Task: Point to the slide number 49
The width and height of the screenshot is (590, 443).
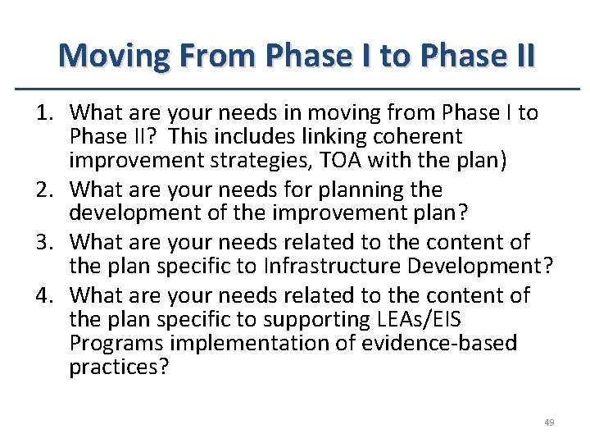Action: click(549, 422)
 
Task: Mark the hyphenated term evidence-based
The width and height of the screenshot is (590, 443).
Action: click(439, 343)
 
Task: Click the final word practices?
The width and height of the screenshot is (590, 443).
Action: click(118, 368)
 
